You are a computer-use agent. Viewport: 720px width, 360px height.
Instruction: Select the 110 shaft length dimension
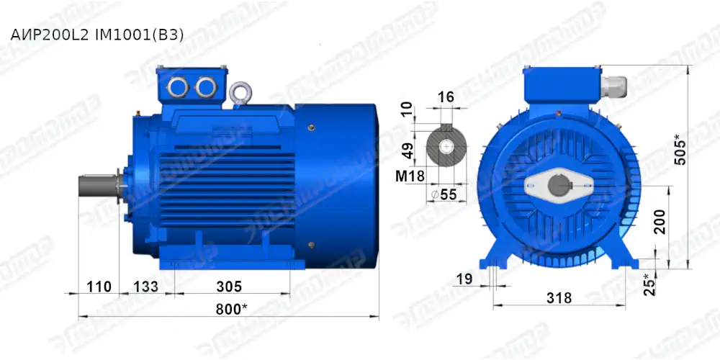point(99,287)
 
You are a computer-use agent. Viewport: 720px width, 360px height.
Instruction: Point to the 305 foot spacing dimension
point(228,287)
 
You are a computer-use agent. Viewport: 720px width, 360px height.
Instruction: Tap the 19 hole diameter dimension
point(464,279)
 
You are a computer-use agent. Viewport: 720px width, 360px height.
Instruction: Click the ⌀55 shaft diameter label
point(444,194)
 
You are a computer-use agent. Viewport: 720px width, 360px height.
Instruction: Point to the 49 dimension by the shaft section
point(408,150)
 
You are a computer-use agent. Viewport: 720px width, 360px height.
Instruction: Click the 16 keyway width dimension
point(446,97)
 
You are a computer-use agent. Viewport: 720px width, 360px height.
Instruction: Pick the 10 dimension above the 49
point(408,109)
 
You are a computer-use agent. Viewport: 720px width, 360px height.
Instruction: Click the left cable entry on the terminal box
point(178,87)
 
